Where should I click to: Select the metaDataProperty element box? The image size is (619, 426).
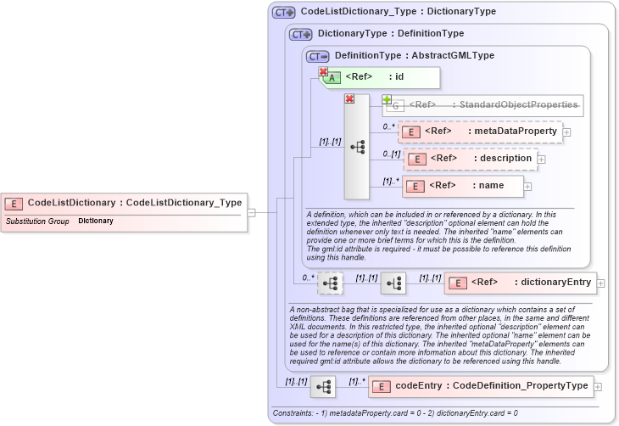(480, 132)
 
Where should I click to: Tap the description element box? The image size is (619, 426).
(470, 159)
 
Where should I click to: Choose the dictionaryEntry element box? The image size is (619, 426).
(521, 283)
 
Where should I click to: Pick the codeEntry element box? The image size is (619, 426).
(481, 386)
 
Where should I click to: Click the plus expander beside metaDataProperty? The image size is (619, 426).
(567, 132)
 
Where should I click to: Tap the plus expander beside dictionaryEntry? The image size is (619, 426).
(602, 283)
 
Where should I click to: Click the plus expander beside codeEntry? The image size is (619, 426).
(599, 387)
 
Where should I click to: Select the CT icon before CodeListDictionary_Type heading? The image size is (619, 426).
(283, 13)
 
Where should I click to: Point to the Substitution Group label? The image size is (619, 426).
(37, 221)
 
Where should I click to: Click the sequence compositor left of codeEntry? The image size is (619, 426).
(323, 386)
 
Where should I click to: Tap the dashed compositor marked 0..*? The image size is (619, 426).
(329, 283)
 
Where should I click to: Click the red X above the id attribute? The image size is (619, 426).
(323, 72)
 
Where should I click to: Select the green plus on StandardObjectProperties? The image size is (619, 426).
(387, 99)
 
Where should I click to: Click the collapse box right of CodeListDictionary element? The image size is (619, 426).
(251, 212)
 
